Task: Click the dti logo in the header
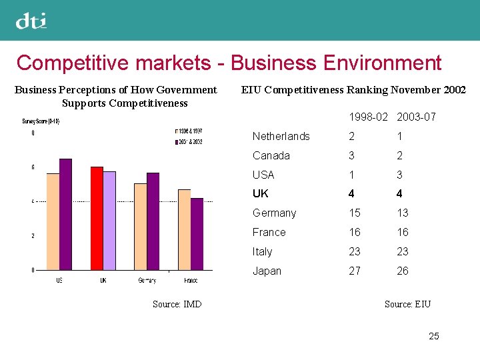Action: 31,21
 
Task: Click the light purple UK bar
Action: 109,221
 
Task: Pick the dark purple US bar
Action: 65,214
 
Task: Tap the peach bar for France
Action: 184,229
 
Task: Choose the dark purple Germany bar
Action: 153,221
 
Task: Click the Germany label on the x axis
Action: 147,281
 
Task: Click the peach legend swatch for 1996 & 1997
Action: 175,131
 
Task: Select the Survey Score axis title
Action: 41,121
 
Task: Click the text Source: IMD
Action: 177,305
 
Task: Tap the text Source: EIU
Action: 407,305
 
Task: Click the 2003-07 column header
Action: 416,117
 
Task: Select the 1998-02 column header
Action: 368,117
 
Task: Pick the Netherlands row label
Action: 281,137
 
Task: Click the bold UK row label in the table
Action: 260,194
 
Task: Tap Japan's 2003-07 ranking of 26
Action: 402,271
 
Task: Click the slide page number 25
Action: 434,336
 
